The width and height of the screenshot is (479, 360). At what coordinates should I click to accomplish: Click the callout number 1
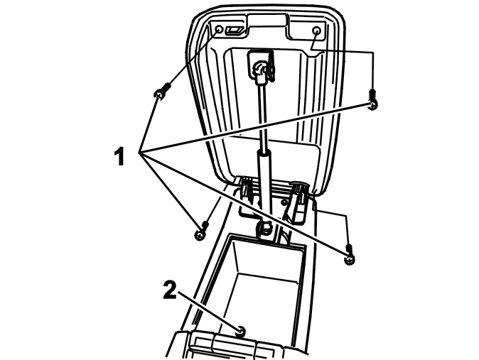[119, 156]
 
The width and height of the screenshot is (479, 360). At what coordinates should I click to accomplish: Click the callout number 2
[170, 290]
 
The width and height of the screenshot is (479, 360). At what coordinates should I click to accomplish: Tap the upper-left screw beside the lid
[161, 92]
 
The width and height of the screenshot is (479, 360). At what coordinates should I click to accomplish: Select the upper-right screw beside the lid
[372, 99]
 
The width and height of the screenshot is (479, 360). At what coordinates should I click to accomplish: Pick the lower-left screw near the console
[201, 231]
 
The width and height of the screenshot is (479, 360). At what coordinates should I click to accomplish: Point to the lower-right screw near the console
[349, 254]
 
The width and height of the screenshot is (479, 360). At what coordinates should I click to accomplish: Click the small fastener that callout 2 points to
[242, 331]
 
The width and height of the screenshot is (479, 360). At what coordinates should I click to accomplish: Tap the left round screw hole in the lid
[220, 30]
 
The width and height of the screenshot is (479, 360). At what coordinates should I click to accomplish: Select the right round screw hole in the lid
[317, 31]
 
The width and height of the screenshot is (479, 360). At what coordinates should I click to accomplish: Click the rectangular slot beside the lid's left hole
[234, 31]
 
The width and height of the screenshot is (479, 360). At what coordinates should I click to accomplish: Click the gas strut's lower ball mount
[265, 227]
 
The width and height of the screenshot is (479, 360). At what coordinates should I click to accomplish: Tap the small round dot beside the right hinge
[285, 202]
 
